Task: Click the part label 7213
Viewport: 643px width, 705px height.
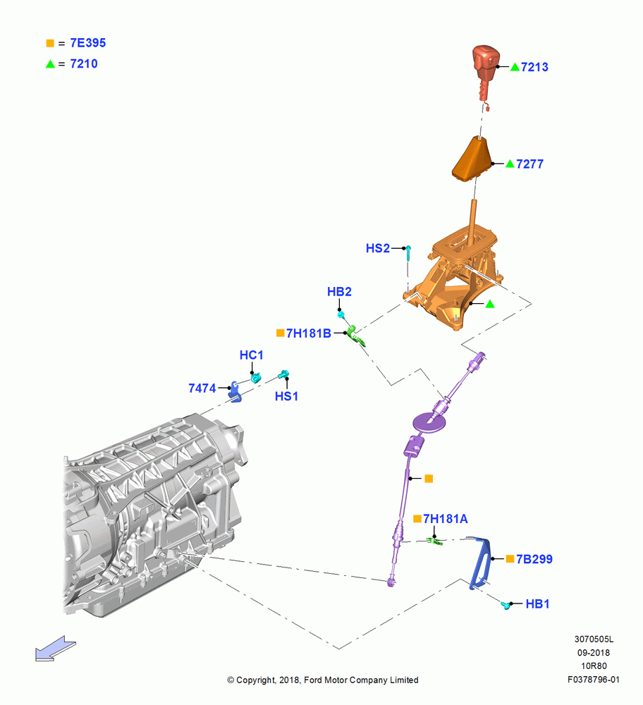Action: pos(534,67)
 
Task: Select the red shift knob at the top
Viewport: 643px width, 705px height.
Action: pos(485,72)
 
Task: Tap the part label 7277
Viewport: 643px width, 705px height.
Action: pos(529,164)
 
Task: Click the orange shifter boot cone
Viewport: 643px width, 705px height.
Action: pos(472,159)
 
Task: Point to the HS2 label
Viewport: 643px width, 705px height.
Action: pos(378,248)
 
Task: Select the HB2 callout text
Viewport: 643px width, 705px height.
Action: pos(339,292)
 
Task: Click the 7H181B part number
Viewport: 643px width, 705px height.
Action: pos(309,333)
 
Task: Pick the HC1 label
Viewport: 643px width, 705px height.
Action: pos(252,355)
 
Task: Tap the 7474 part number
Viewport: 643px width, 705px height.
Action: pos(202,388)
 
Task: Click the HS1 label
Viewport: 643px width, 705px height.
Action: pos(286,396)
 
